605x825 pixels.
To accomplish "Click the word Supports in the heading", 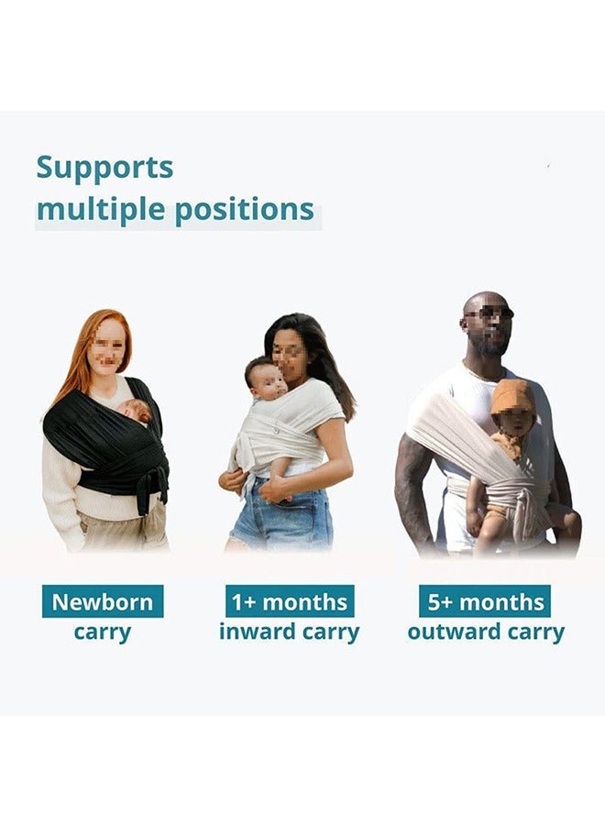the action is pyautogui.click(x=104, y=169).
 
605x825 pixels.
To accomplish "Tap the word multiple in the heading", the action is pyautogui.click(x=101, y=210).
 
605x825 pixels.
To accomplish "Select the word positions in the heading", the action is pyautogui.click(x=244, y=210).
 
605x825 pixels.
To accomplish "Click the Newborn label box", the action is pyautogui.click(x=103, y=601).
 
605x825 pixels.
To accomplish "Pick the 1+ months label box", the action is pyautogui.click(x=290, y=601).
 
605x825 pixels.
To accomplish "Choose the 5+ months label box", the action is pyautogui.click(x=485, y=601).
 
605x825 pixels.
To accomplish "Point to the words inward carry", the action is pyautogui.click(x=290, y=632).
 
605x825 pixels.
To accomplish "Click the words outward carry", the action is pyautogui.click(x=486, y=632).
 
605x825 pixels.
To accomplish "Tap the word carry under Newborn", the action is pyautogui.click(x=102, y=632).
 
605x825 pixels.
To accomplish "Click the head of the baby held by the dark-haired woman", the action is pyautogui.click(x=266, y=378).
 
